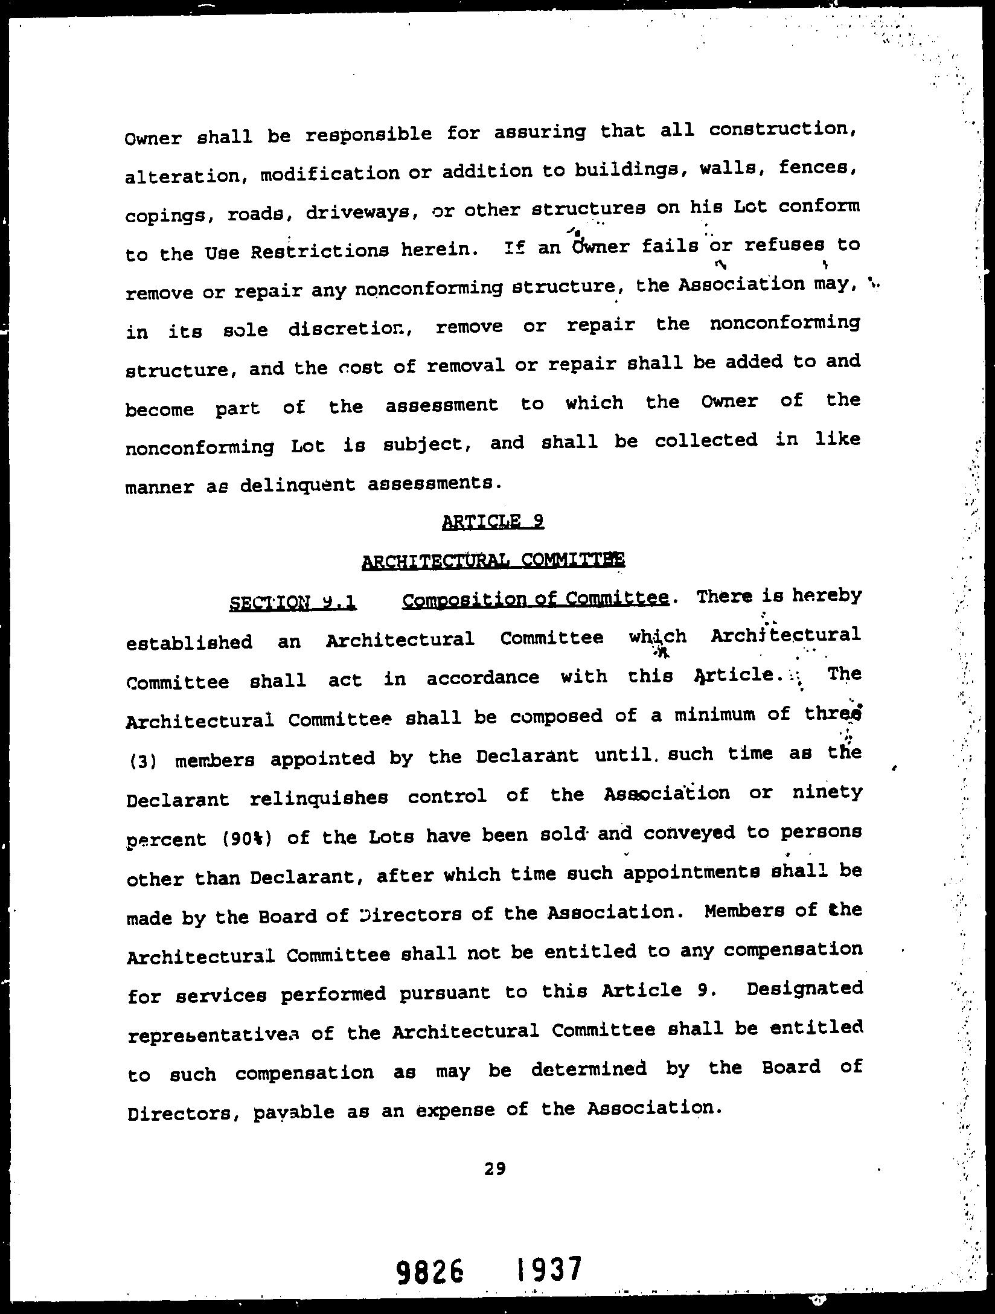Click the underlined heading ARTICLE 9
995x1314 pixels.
(493, 521)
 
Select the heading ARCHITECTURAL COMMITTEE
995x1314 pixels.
(493, 561)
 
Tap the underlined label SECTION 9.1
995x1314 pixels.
(293, 603)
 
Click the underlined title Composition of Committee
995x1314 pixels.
(535, 599)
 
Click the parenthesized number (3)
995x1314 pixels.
(143, 760)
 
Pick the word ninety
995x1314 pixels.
(827, 792)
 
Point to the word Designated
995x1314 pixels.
(804, 990)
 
